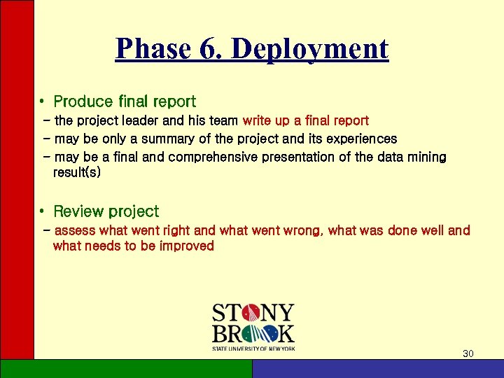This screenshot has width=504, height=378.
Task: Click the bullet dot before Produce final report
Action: (43, 102)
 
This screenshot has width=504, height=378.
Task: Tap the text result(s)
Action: (76, 171)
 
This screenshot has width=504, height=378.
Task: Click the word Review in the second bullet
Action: (78, 211)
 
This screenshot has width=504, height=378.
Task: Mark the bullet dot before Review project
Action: (43, 211)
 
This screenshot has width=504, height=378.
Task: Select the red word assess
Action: (75, 230)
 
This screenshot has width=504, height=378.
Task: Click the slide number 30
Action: (468, 353)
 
